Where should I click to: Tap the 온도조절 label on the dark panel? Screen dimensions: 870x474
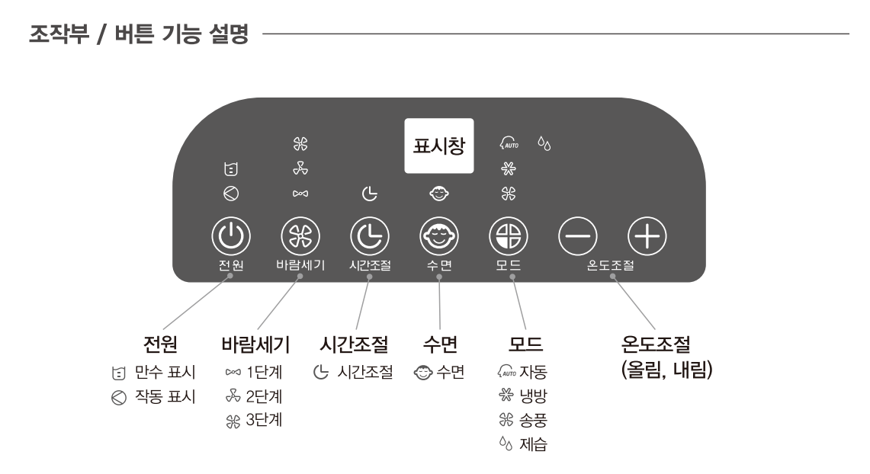[x=611, y=268]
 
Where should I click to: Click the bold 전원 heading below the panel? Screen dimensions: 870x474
[x=161, y=346]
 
